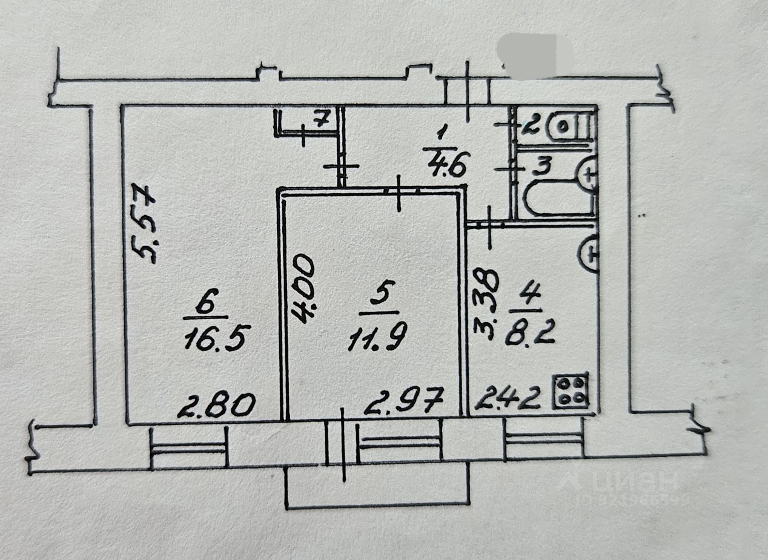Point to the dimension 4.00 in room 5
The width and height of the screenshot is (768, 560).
[x=303, y=289]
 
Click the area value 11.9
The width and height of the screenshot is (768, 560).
[x=378, y=339]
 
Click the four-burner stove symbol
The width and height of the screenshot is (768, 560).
[x=571, y=391]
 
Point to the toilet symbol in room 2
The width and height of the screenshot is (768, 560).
[x=568, y=127]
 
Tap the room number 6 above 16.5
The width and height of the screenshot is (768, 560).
[x=207, y=305]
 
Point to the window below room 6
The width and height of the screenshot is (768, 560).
[x=188, y=448]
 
